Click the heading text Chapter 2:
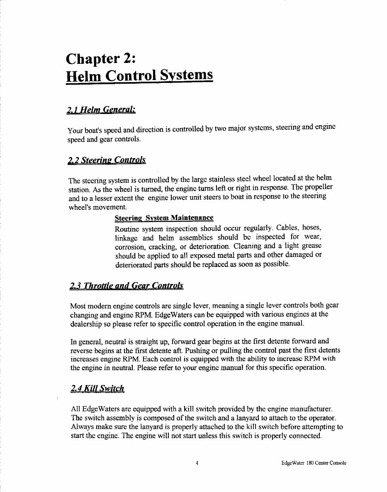click(x=100, y=58)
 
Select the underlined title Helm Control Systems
click(x=139, y=76)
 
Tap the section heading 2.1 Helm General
click(x=101, y=110)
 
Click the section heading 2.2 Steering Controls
click(x=107, y=160)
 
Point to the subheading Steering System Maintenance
click(x=164, y=218)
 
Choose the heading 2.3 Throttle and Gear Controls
click(x=127, y=286)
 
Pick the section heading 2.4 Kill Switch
click(x=97, y=389)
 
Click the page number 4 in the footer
click(x=197, y=463)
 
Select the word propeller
click(x=319, y=187)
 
